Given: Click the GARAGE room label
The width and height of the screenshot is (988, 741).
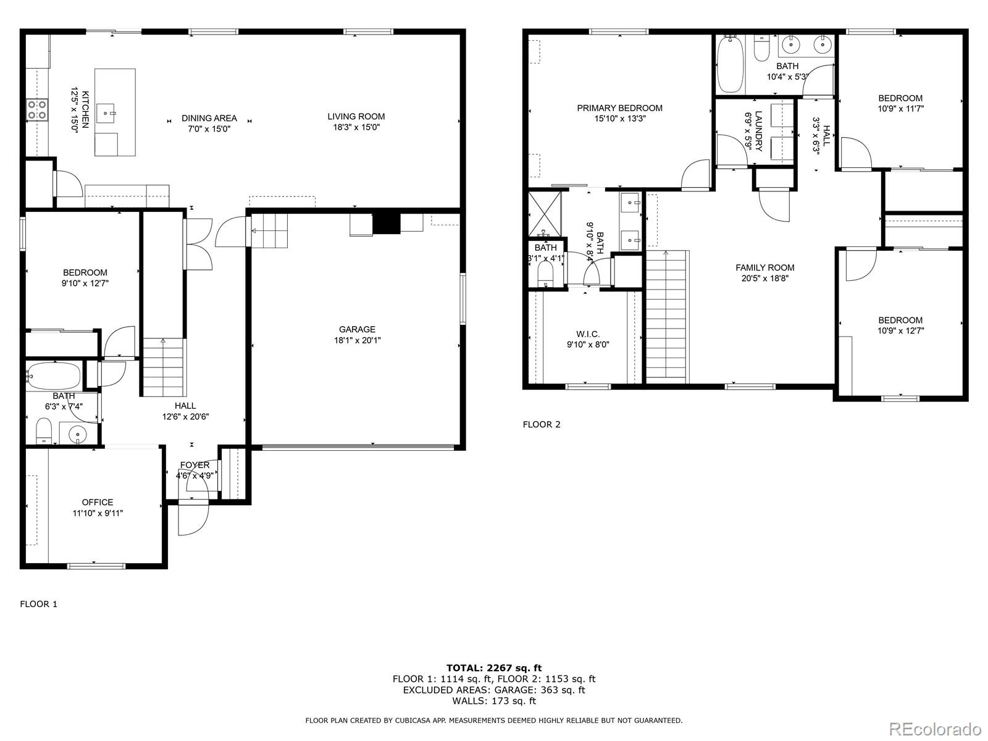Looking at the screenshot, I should (x=356, y=329).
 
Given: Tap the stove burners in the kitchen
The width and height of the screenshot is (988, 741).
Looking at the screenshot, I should (x=37, y=110).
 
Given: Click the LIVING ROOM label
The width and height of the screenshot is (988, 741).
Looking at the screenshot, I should (x=356, y=116).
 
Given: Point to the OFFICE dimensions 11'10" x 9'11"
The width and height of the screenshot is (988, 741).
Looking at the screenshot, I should (x=98, y=513).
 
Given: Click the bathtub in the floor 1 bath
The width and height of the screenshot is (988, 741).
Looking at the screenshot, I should (x=54, y=375).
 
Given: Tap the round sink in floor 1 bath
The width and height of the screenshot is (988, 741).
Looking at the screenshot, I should (x=78, y=434).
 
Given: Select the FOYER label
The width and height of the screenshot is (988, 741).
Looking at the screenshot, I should (x=195, y=465).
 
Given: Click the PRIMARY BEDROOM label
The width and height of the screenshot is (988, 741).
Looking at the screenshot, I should (x=619, y=108).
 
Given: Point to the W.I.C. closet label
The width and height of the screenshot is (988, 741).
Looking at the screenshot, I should (x=587, y=334).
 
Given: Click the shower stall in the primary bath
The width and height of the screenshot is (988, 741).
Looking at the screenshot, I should (x=545, y=214).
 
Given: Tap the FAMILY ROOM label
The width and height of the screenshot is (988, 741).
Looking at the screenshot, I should (x=764, y=267).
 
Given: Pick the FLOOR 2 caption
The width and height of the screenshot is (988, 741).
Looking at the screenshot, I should (x=542, y=424).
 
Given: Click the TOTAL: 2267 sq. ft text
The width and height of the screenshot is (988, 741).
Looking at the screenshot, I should (x=494, y=668).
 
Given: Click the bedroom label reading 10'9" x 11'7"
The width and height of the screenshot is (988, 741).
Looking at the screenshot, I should (x=900, y=109).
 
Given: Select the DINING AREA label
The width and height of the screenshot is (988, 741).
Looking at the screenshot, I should (x=209, y=118).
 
